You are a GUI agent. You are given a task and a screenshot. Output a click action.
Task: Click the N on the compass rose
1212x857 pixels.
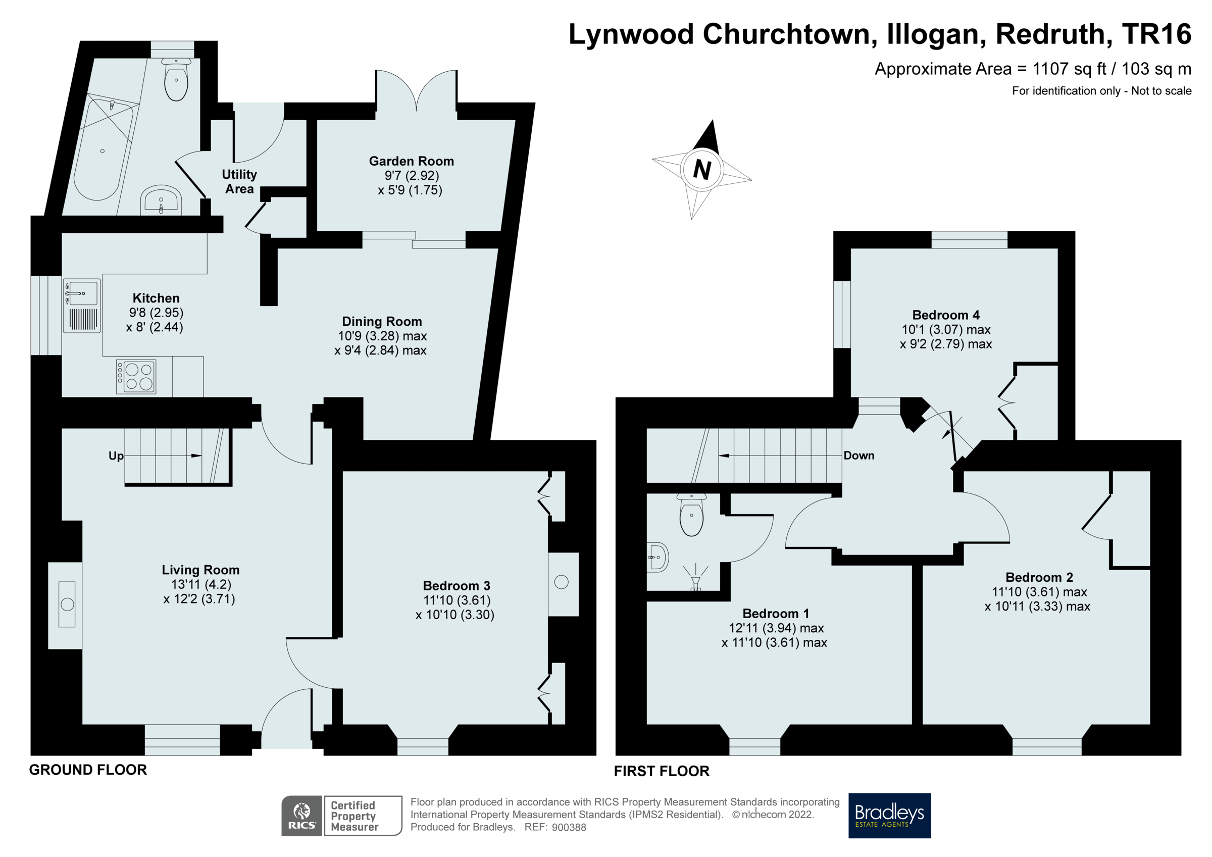tap(701, 170)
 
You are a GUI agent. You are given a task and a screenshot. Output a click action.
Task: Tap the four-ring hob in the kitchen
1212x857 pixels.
tap(136, 377)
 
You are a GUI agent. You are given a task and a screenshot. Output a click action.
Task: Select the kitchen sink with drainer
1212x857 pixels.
tap(82, 306)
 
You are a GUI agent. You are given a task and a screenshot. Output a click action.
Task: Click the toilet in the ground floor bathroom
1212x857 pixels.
tap(176, 80)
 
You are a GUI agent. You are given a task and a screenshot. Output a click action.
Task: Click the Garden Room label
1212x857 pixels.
tap(411, 161)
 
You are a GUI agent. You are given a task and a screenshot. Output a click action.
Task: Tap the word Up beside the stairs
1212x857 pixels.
tap(116, 456)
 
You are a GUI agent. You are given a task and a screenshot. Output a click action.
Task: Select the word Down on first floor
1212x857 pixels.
tap(859, 456)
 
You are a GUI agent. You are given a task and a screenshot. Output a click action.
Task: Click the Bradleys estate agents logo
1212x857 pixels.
tap(889, 815)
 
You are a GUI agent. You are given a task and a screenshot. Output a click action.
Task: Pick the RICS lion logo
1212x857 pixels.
tap(301, 815)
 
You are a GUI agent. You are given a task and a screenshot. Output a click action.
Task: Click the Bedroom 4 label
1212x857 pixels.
tap(945, 315)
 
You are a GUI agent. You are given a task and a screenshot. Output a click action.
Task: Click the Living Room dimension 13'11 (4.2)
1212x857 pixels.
tap(201, 584)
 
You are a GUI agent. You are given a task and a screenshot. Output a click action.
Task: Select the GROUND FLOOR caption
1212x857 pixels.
tap(88, 770)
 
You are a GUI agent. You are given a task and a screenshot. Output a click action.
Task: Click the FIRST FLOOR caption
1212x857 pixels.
tap(662, 771)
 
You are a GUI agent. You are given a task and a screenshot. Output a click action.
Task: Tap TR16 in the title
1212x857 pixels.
tap(1156, 34)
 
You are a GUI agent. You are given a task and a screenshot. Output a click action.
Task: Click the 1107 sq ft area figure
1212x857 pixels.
tap(1069, 69)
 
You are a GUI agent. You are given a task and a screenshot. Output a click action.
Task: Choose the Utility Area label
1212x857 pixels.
tap(239, 182)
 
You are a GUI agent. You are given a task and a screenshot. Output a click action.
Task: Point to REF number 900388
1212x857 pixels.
tap(569, 827)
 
